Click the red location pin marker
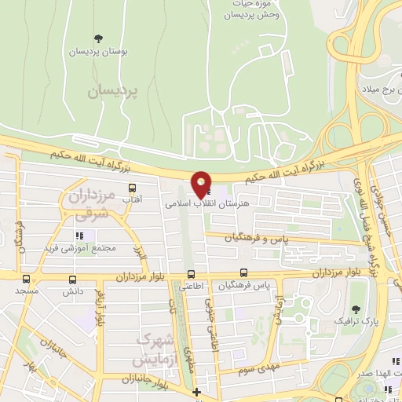(x=201, y=185)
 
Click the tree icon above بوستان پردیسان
(x=99, y=38)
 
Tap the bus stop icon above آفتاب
(x=132, y=188)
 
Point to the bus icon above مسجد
(x=27, y=279)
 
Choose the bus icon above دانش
(x=73, y=279)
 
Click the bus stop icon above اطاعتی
(x=191, y=274)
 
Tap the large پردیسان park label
(x=112, y=91)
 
